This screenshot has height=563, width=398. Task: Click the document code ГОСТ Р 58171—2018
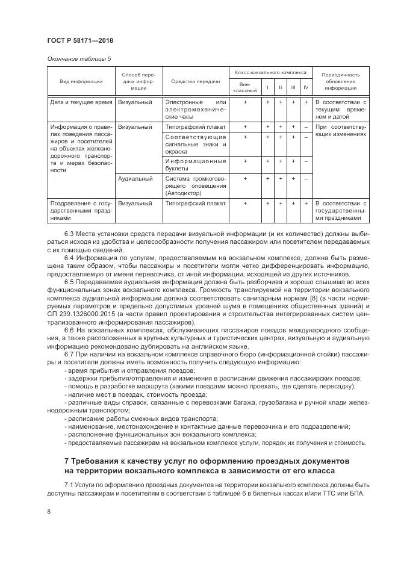tap(80, 40)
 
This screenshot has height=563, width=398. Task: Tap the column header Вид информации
tap(81, 81)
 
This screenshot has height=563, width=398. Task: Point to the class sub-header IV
tap(306, 88)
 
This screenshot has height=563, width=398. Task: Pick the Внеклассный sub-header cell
tap(245, 87)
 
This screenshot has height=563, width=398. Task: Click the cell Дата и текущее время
tap(81, 103)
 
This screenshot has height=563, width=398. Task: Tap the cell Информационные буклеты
tap(195, 165)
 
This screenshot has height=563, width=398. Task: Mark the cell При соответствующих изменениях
tap(341, 131)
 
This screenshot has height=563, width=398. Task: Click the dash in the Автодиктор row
tap(306, 179)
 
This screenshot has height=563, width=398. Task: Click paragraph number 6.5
tap(69, 282)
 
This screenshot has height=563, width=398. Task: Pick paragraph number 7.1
tap(69, 485)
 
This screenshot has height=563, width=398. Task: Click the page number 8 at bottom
tap(49, 512)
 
